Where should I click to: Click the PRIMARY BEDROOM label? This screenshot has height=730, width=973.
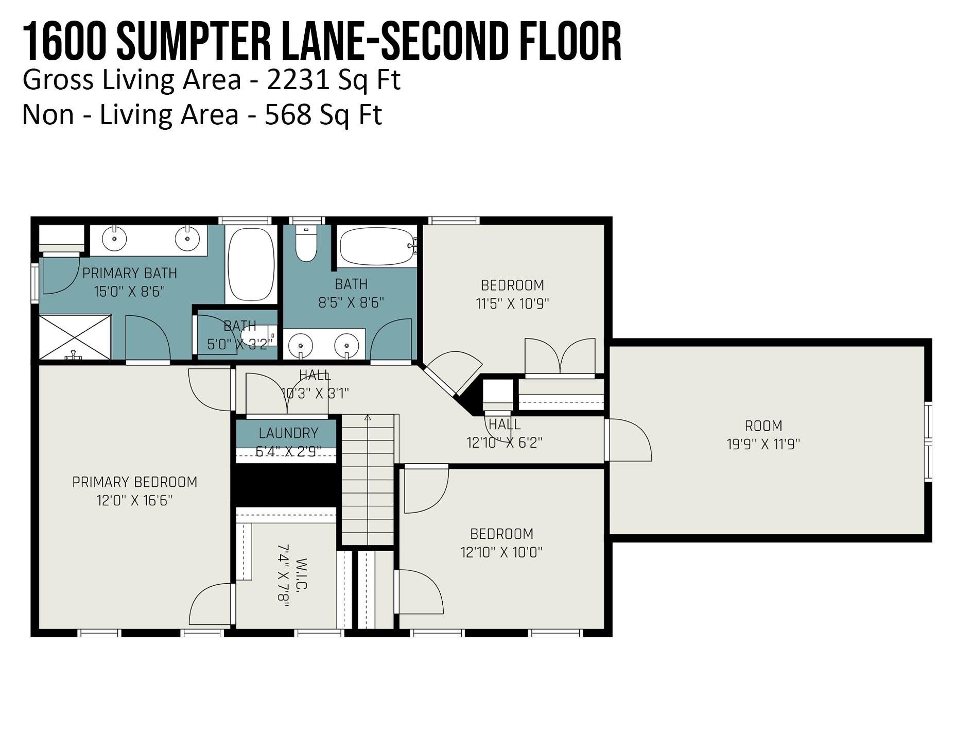click(x=134, y=482)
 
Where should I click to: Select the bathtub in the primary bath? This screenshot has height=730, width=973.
click(x=251, y=264)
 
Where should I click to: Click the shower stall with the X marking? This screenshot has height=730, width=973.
click(x=75, y=337)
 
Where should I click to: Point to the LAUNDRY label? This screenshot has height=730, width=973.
click(x=288, y=433)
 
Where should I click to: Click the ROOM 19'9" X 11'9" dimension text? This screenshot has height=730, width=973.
click(x=763, y=444)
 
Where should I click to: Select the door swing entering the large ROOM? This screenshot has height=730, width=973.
click(x=628, y=440)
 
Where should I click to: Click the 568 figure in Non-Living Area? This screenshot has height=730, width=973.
click(x=288, y=114)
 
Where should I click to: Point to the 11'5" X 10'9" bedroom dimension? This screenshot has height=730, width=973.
click(x=512, y=303)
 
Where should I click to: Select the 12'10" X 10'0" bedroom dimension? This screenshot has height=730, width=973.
click(x=501, y=552)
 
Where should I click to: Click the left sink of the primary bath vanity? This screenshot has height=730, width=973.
click(x=114, y=238)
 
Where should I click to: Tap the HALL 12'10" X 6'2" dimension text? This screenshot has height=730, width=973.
click(x=505, y=443)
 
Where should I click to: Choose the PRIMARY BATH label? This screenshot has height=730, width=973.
click(x=130, y=273)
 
